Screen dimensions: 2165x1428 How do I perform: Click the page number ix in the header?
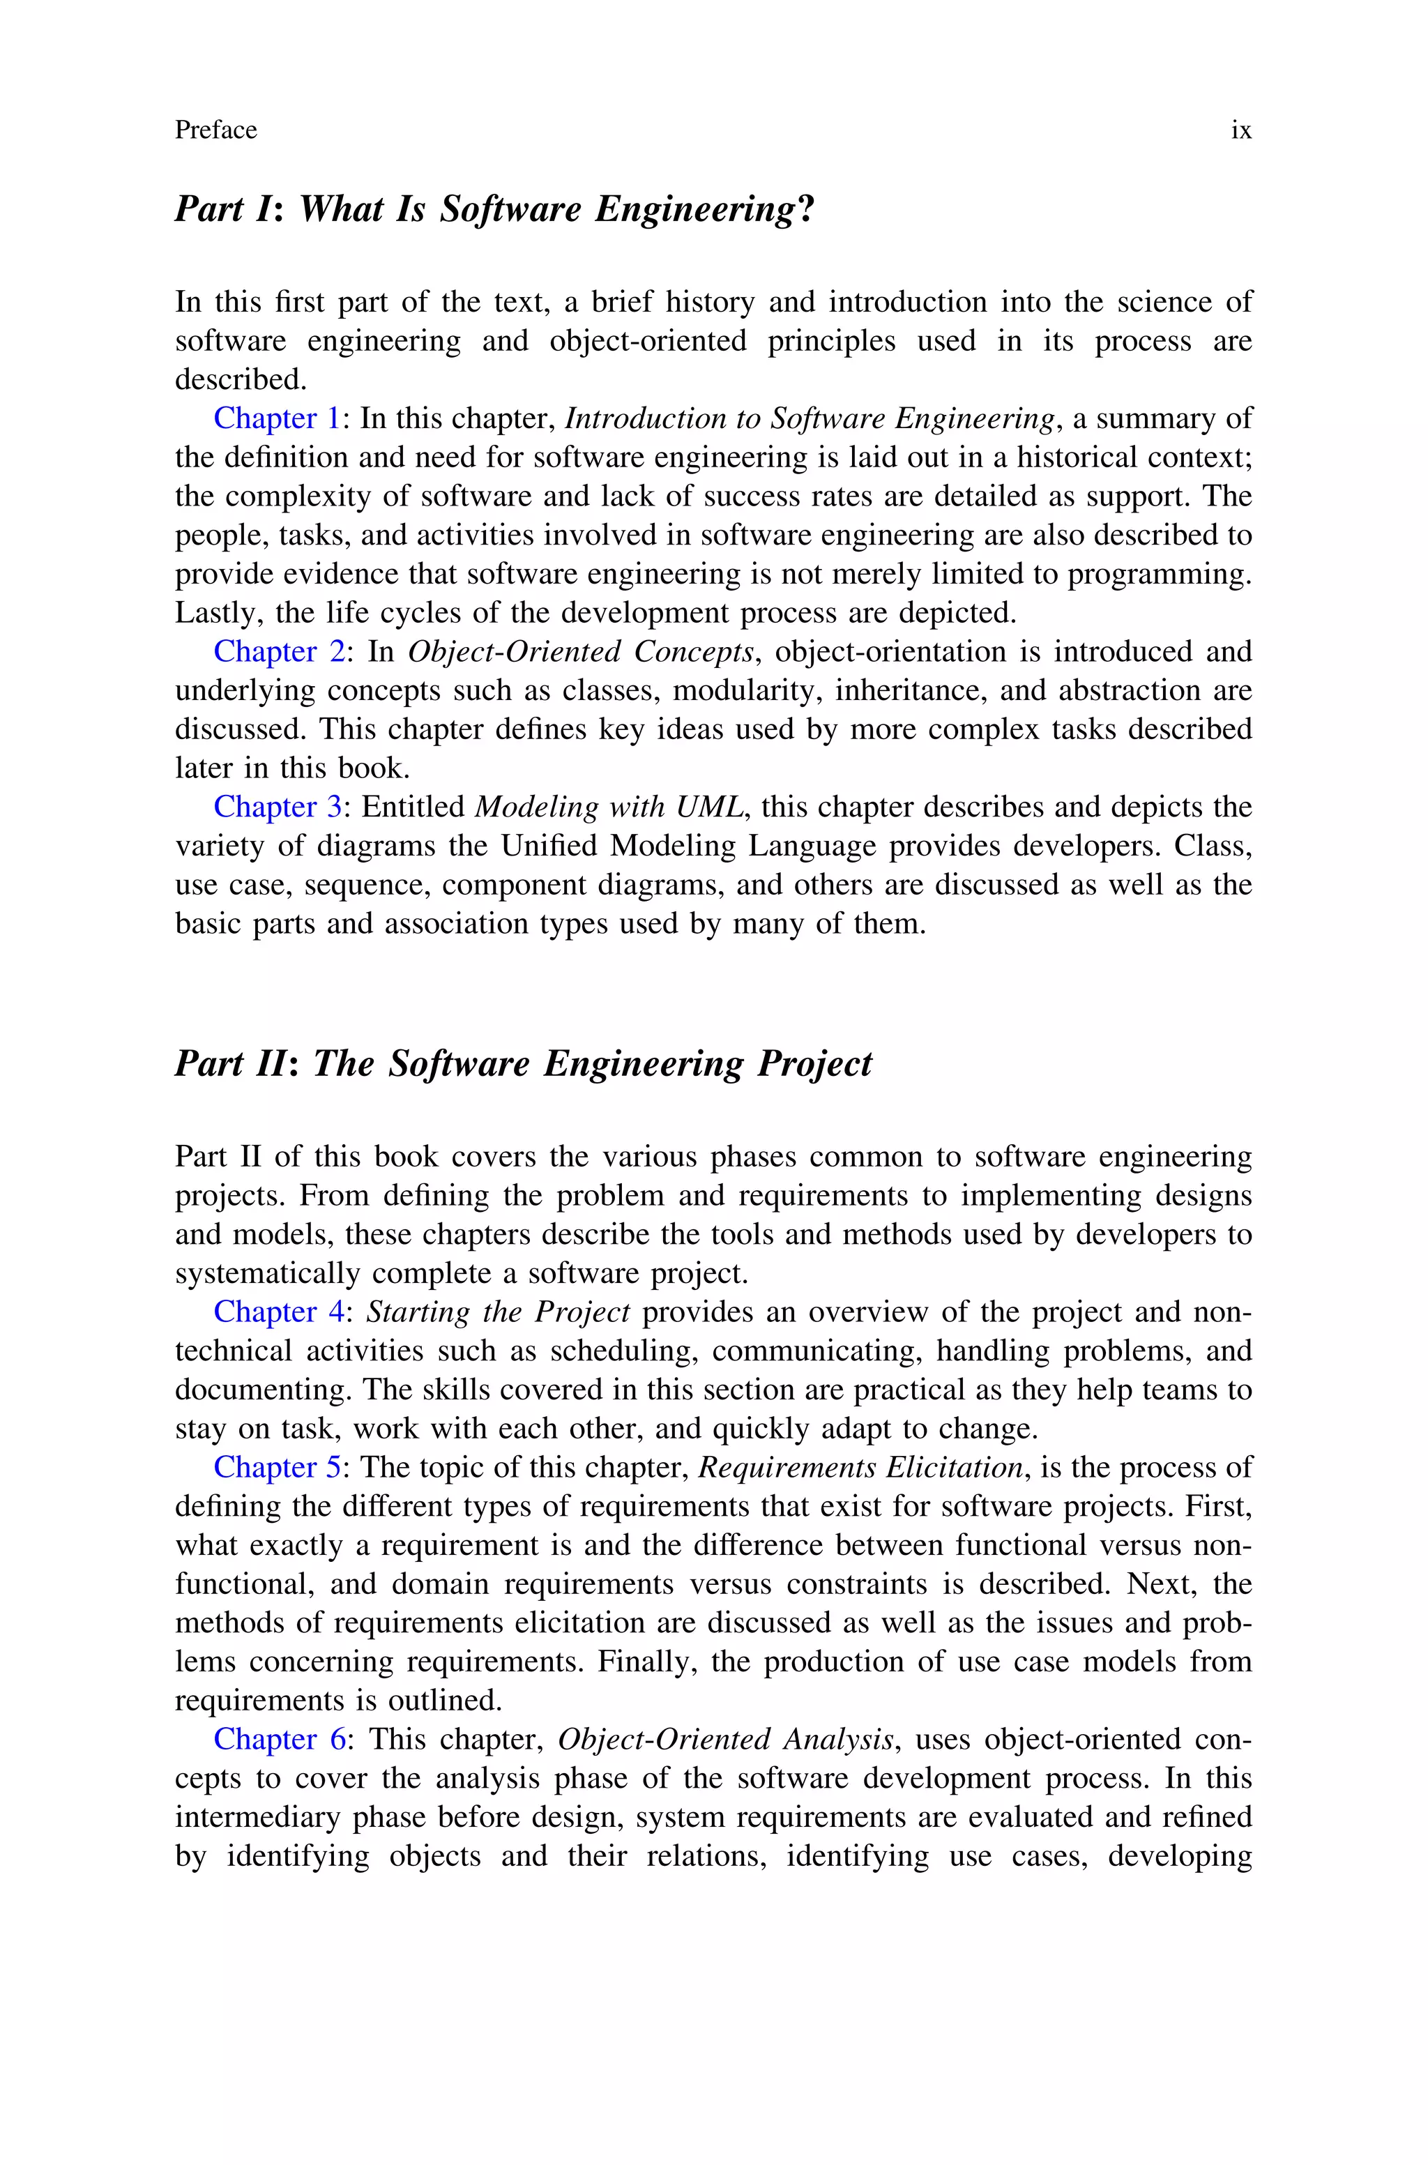click(1241, 131)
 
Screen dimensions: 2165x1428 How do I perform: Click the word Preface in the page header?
click(216, 131)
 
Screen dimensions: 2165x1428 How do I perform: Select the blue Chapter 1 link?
click(277, 419)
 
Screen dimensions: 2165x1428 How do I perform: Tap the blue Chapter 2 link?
click(279, 652)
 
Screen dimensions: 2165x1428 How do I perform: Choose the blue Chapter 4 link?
click(279, 1312)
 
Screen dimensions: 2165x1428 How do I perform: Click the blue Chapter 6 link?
click(279, 1740)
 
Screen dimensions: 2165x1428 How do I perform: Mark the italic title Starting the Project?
click(497, 1312)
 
